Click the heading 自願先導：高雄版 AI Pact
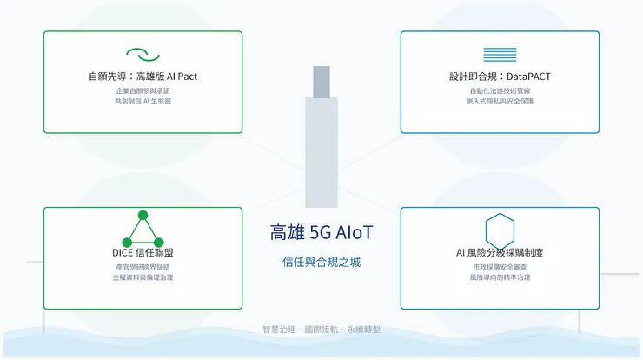pos(143,77)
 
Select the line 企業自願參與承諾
pos(143,90)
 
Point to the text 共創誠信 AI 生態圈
pos(143,102)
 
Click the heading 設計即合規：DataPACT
pos(500,77)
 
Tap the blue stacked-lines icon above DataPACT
pos(500,54)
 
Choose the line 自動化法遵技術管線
pos(500,90)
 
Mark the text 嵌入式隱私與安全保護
pos(500,102)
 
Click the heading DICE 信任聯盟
pos(143,252)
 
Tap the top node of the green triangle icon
pos(143,215)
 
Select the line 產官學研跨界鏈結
pos(143,266)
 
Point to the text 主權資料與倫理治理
pos(143,277)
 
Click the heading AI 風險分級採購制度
pos(500,252)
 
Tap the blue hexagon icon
pos(500,230)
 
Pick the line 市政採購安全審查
pos(500,266)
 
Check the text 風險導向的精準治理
pos(500,277)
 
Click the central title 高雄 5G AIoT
pos(321,233)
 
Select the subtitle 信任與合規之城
pos(321,261)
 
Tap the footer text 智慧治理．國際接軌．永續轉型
pos(321,330)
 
